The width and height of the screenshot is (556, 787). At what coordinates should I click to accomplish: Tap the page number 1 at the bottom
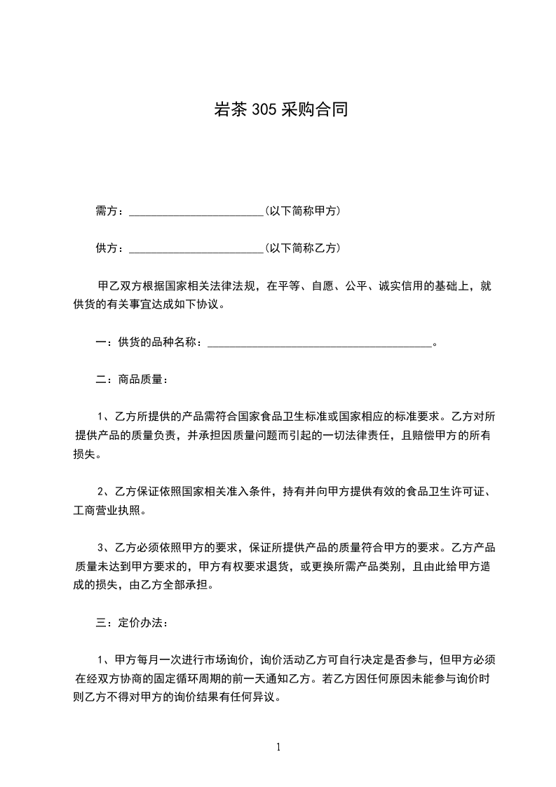pos(278,747)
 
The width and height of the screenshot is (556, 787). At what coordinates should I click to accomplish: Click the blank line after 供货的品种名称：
pos(320,343)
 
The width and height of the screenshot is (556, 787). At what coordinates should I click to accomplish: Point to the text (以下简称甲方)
pos(303,210)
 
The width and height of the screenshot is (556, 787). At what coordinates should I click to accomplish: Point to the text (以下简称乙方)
pos(303,248)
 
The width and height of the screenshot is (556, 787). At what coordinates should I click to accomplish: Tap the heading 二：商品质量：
pos(130,379)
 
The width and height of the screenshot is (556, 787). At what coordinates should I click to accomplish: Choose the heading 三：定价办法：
pos(130,622)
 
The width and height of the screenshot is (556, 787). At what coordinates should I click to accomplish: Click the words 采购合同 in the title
pos(314,110)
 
